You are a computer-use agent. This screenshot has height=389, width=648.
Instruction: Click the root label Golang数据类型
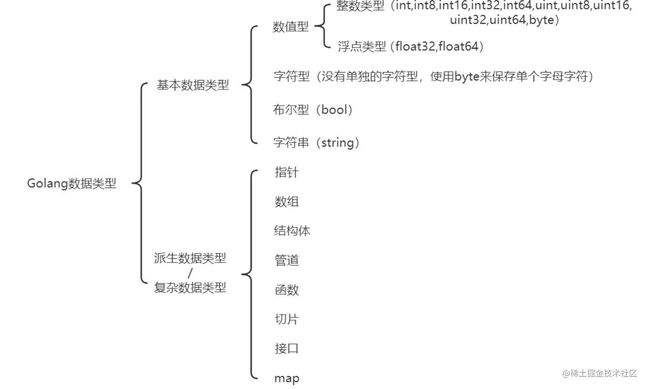pyautogui.click(x=72, y=183)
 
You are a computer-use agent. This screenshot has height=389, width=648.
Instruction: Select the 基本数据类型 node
pyautogui.click(x=193, y=85)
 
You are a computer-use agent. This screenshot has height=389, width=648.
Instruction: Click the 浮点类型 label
pyautogui.click(x=362, y=46)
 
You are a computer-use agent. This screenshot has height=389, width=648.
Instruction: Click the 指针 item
pyautogui.click(x=286, y=173)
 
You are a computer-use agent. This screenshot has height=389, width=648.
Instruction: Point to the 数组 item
pyautogui.click(x=286, y=201)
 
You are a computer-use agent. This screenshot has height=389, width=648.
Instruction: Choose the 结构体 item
pyautogui.click(x=292, y=231)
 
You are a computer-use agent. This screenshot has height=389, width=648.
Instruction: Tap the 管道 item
pyautogui.click(x=286, y=260)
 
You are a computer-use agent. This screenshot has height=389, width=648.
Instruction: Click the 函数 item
pyautogui.click(x=286, y=290)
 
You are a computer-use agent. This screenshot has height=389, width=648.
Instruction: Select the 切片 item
pyautogui.click(x=286, y=319)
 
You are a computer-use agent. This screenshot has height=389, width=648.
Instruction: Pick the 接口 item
pyautogui.click(x=286, y=348)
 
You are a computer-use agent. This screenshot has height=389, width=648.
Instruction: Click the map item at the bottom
pyautogui.click(x=286, y=378)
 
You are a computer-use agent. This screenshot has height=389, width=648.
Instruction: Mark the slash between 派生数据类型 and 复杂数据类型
pyautogui.click(x=190, y=272)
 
